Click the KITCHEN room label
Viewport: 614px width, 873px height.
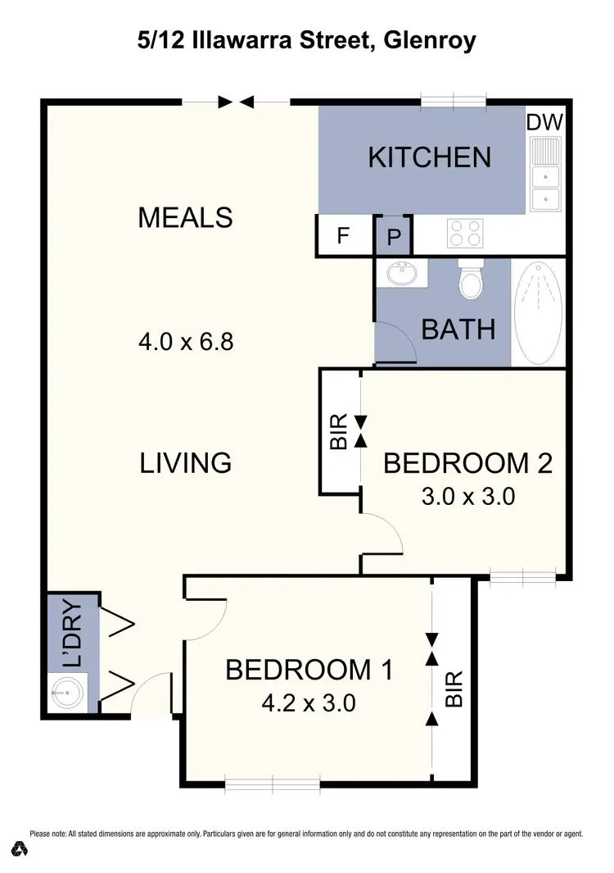[429, 157]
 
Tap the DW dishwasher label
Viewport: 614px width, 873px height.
[544, 123]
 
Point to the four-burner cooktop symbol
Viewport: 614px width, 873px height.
[464, 234]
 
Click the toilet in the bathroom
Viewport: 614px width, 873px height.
[472, 281]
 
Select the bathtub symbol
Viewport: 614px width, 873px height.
[538, 311]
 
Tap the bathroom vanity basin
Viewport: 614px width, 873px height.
[402, 273]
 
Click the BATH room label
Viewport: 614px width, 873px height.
[458, 330]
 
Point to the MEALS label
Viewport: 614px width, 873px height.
[185, 218]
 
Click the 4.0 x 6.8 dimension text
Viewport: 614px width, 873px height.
[186, 341]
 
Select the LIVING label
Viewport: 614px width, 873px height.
[186, 463]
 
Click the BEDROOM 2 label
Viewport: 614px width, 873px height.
[467, 463]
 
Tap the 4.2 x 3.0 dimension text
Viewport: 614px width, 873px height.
[309, 703]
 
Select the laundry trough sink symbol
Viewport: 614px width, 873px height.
[64, 693]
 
